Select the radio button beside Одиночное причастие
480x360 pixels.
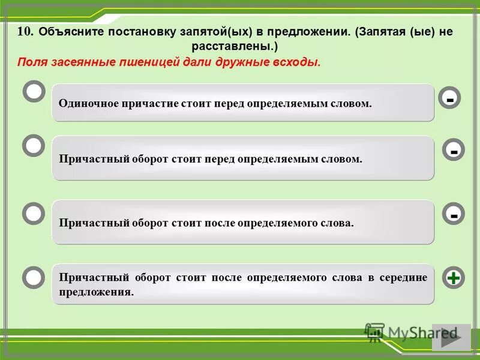coord(34,92)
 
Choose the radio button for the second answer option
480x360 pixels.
coord(34,146)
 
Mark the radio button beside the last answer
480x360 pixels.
coord(34,277)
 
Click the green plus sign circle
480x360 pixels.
coord(454,278)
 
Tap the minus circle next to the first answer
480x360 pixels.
coord(449,97)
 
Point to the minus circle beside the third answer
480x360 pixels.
coord(454,214)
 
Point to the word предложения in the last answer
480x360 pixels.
coord(95,292)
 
